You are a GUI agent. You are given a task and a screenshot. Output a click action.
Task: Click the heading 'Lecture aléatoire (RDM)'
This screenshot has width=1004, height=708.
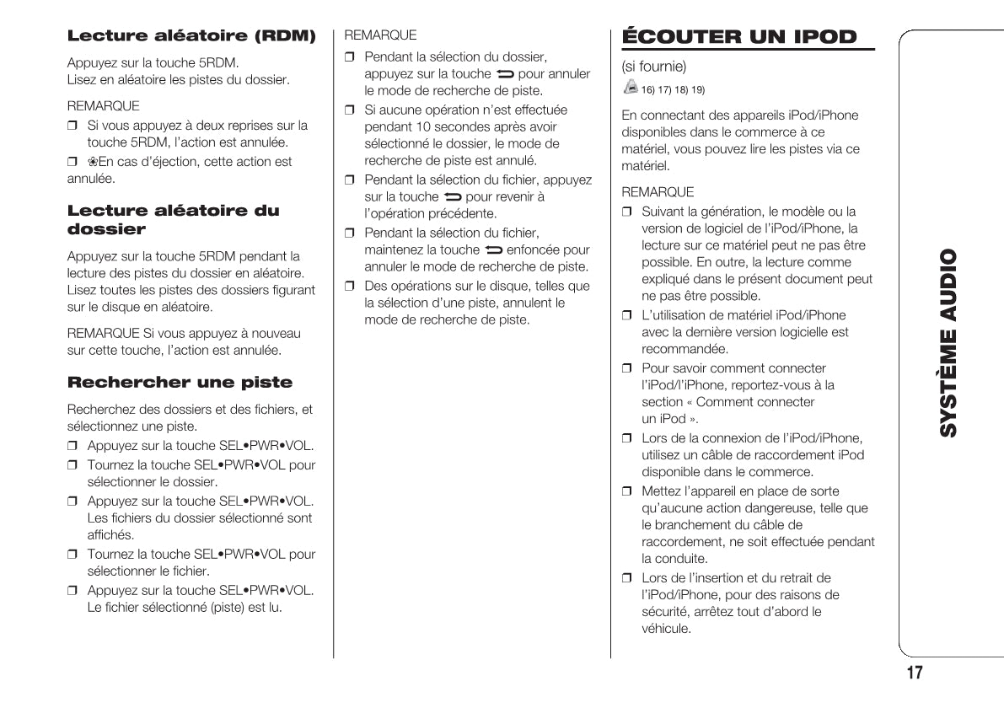point(191,36)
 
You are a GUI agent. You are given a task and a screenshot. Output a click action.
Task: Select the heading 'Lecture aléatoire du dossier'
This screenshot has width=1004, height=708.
point(173,219)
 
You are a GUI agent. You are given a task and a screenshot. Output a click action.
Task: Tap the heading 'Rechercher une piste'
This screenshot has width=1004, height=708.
point(180,383)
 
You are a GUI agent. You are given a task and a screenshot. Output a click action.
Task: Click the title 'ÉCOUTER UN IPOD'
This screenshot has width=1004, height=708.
point(738,37)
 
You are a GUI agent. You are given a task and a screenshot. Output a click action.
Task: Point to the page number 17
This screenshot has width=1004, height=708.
point(914,673)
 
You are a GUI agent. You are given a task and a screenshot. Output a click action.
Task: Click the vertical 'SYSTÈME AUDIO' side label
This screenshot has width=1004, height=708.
point(948,343)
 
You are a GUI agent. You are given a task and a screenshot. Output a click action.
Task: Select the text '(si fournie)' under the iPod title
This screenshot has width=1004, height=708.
point(653,66)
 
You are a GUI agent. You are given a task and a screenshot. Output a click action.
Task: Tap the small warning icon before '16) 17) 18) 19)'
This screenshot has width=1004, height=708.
point(630,87)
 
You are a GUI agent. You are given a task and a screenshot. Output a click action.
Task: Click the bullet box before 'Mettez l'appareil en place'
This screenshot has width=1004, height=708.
point(626,491)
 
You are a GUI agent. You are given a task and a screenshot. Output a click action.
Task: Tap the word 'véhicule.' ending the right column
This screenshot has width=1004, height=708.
point(666,629)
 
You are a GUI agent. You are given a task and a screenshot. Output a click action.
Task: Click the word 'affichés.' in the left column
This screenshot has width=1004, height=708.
point(111,534)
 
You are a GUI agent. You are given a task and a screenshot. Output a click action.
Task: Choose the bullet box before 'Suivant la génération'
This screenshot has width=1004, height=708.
point(626,212)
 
